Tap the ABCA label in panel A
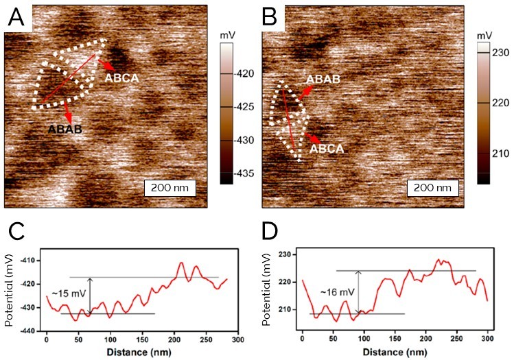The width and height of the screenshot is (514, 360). pyautogui.click(x=121, y=78)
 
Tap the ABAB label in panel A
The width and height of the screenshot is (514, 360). pyautogui.click(x=66, y=128)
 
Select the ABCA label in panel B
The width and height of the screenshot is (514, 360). pyautogui.click(x=327, y=147)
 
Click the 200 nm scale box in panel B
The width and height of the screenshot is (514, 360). pyautogui.click(x=429, y=187)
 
